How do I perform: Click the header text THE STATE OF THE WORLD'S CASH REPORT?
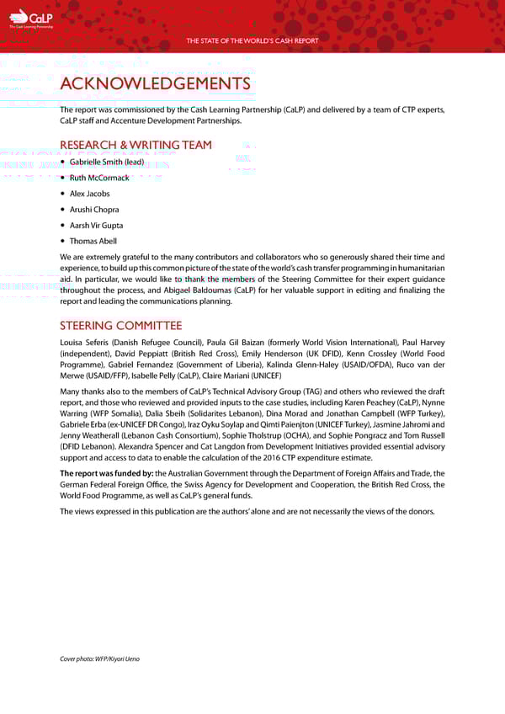pyautogui.click(x=252, y=40)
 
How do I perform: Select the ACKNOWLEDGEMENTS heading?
pyautogui.click(x=155, y=84)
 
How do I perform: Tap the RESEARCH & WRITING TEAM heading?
pyautogui.click(x=136, y=145)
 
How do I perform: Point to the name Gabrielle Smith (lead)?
pyautogui.click(x=107, y=162)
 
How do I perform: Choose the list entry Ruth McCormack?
pyautogui.click(x=99, y=178)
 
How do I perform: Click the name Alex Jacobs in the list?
pyautogui.click(x=89, y=194)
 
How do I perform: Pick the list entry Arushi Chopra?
pyautogui.click(x=94, y=210)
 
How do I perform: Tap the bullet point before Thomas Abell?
pyautogui.click(x=64, y=241)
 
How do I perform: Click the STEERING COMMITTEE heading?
pyautogui.click(x=120, y=326)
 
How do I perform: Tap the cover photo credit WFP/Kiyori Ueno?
pyautogui.click(x=119, y=658)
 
